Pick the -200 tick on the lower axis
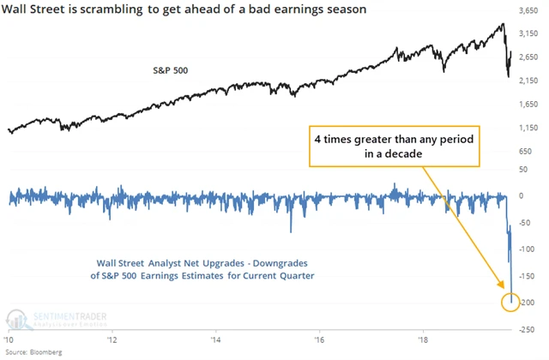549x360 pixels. pos(530,303)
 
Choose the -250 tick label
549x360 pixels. pos(530,329)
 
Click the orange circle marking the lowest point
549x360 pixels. pos(511,300)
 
